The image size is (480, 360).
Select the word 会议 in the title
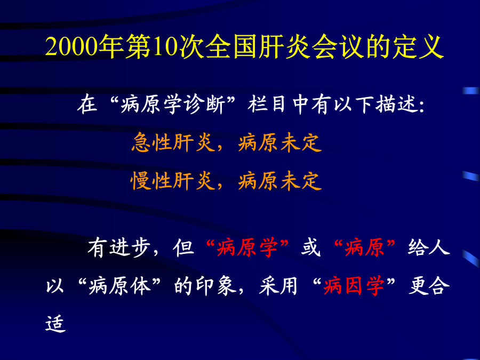pos(338,46)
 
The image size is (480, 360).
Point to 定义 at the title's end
pos(418,46)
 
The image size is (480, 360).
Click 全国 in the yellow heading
pos(231,46)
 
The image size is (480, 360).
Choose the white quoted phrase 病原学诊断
pos(173,105)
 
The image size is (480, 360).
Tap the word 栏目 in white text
pos(267,105)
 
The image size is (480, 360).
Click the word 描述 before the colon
pos(397,105)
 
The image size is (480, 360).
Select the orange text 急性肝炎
pos(172,142)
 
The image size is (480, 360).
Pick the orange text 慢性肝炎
pos(172,181)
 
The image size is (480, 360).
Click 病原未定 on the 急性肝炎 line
pos(280,142)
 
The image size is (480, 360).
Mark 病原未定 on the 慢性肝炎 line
pos(280,181)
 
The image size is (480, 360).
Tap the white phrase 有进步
pos(119,247)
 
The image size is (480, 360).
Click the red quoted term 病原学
pos(247,247)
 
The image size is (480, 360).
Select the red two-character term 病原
pos(364,247)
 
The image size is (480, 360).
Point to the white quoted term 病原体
pos(119,286)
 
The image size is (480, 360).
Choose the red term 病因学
pos(354,286)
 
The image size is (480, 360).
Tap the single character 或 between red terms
pos(311,247)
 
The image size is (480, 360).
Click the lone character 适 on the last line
pos(55,324)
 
